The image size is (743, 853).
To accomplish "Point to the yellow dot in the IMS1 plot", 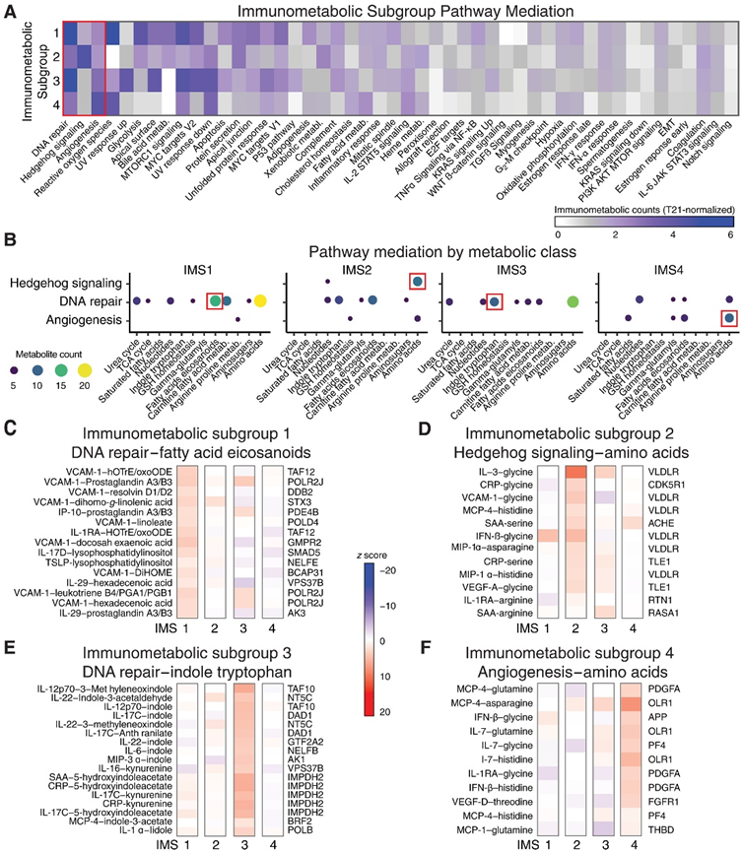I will [x=260, y=300].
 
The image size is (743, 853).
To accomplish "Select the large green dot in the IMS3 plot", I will [x=573, y=300].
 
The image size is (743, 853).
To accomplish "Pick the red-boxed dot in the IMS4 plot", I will [x=728, y=317].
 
